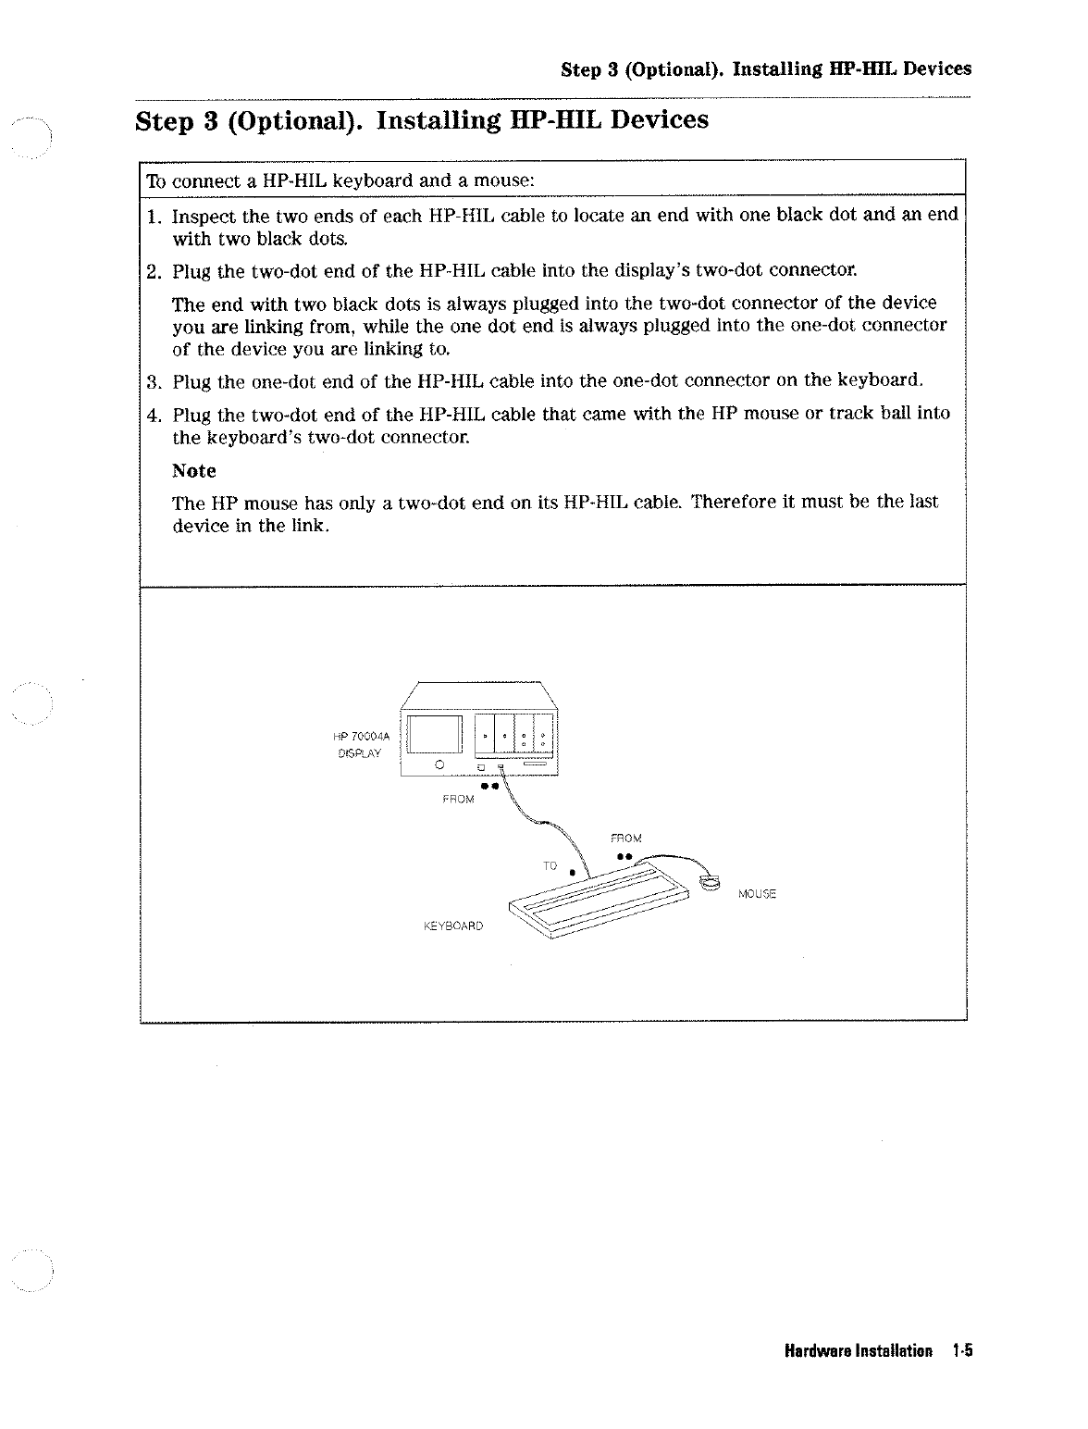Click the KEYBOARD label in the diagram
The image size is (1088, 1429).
(453, 925)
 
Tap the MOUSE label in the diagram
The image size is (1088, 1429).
(757, 894)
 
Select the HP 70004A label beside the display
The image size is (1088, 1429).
(363, 736)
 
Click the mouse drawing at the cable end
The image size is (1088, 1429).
(710, 882)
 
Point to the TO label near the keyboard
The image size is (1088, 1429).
(550, 865)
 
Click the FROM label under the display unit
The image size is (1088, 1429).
(458, 799)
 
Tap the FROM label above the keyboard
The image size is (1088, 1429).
(626, 839)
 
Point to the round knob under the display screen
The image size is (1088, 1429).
(439, 765)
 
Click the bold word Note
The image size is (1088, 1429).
(194, 471)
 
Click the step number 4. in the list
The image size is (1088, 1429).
(154, 413)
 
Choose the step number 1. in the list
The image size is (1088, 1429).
(154, 217)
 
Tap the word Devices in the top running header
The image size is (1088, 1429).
(937, 68)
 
